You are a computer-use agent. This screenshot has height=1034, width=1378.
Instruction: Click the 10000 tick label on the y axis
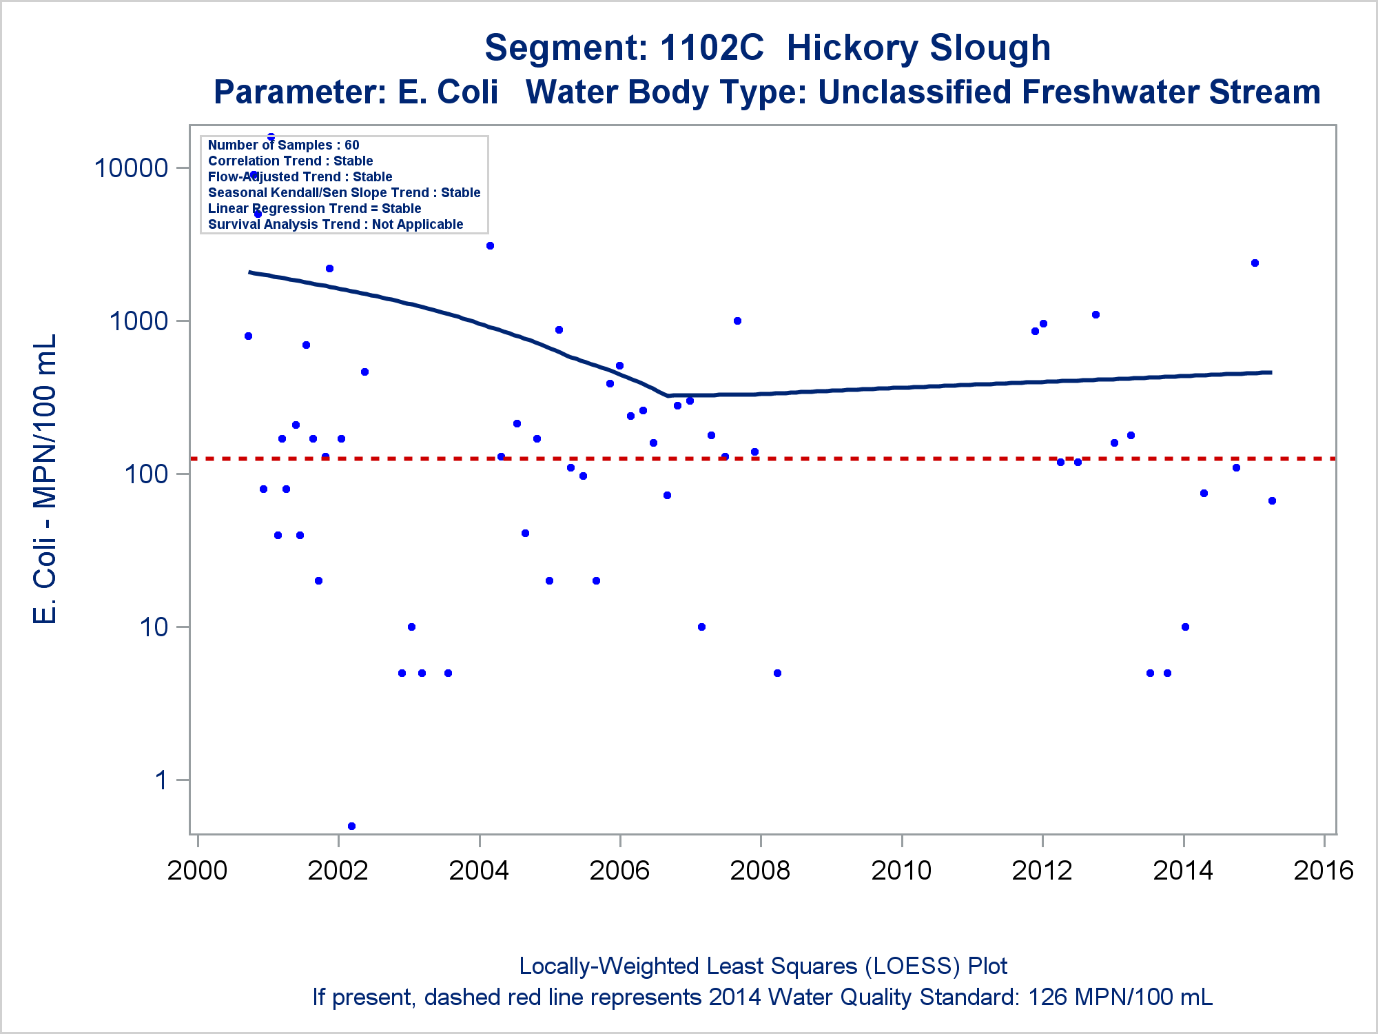131,168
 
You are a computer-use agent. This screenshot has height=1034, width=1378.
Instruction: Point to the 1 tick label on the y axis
161,780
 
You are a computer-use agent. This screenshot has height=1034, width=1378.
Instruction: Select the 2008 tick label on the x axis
760,871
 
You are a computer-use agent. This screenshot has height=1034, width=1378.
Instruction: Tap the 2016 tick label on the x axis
1324,871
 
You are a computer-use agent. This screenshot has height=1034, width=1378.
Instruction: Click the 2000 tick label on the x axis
197,871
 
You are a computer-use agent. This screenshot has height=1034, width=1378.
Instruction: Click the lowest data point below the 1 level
351,826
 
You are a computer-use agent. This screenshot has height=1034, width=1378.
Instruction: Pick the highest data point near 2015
1255,263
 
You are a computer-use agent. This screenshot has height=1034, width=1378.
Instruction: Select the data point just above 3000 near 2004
490,246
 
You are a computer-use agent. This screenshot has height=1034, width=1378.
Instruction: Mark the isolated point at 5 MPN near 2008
777,673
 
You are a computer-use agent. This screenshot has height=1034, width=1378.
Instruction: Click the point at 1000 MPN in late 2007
737,321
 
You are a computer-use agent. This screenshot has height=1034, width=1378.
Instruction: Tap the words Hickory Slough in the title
918,48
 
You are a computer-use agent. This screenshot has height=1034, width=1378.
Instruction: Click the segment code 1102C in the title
712,48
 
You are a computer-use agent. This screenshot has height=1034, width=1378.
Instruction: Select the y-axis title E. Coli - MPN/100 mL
45,479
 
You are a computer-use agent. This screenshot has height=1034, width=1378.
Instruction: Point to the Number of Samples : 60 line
283,145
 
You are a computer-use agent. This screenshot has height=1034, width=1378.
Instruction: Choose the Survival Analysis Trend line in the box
336,224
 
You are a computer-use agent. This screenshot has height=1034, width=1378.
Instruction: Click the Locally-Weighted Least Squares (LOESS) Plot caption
763,966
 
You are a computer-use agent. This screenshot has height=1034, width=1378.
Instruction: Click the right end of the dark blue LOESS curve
1271,372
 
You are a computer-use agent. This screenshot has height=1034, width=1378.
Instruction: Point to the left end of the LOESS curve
249,272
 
